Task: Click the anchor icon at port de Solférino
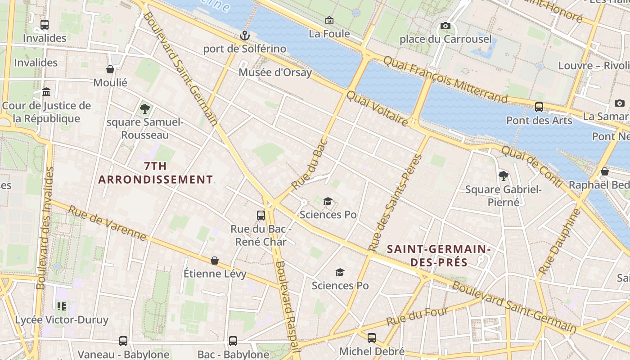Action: (245, 35)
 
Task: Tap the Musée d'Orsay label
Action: (275, 72)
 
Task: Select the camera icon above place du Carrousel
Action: (445, 26)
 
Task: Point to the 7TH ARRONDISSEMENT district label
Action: (155, 173)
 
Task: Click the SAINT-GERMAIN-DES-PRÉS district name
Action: (438, 255)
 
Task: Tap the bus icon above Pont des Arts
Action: (539, 107)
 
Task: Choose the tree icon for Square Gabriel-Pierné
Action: (503, 176)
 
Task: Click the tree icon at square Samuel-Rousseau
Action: (144, 108)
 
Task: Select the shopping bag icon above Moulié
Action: (110, 69)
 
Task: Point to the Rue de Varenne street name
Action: (107, 224)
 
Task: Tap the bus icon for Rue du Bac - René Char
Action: (261, 215)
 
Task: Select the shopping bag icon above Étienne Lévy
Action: (215, 261)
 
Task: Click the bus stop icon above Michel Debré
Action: (371, 337)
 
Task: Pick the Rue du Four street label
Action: (417, 316)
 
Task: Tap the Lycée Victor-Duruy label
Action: (62, 320)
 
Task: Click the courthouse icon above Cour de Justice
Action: (46, 92)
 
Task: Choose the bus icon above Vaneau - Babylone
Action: (123, 341)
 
